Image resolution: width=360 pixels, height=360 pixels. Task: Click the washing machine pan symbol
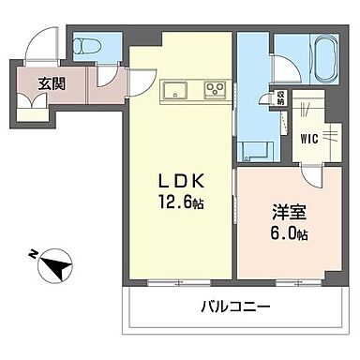[253, 147]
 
